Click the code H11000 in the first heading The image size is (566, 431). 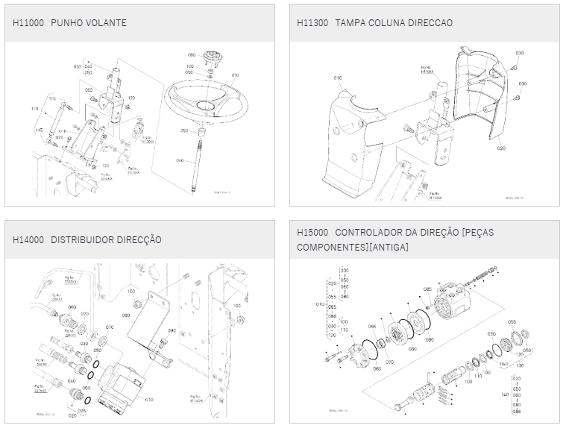tap(28, 23)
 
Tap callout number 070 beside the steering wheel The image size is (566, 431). tap(235, 75)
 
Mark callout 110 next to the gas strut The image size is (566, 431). tap(34, 110)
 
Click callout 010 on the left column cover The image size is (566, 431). tap(337, 78)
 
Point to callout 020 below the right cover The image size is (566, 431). tap(501, 148)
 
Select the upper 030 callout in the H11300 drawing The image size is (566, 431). tap(520, 54)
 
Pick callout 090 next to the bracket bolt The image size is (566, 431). tap(171, 330)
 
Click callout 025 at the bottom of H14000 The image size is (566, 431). tap(81, 410)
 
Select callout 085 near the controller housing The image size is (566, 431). tap(427, 289)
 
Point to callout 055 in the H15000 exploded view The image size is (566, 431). tap(512, 321)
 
